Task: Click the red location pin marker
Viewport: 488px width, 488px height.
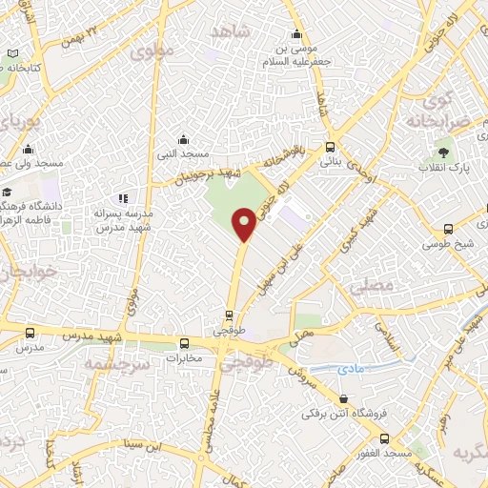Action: point(245,224)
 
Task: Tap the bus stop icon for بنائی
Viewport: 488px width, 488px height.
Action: point(330,148)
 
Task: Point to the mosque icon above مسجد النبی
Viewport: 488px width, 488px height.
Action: point(183,139)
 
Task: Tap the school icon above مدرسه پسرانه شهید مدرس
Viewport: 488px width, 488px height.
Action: point(124,199)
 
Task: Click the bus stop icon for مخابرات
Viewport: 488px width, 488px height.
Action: point(185,343)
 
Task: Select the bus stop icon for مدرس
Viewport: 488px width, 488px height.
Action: point(30,333)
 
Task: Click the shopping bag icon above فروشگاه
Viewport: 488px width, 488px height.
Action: point(342,400)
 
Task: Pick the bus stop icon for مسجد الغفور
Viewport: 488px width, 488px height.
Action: point(383,437)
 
